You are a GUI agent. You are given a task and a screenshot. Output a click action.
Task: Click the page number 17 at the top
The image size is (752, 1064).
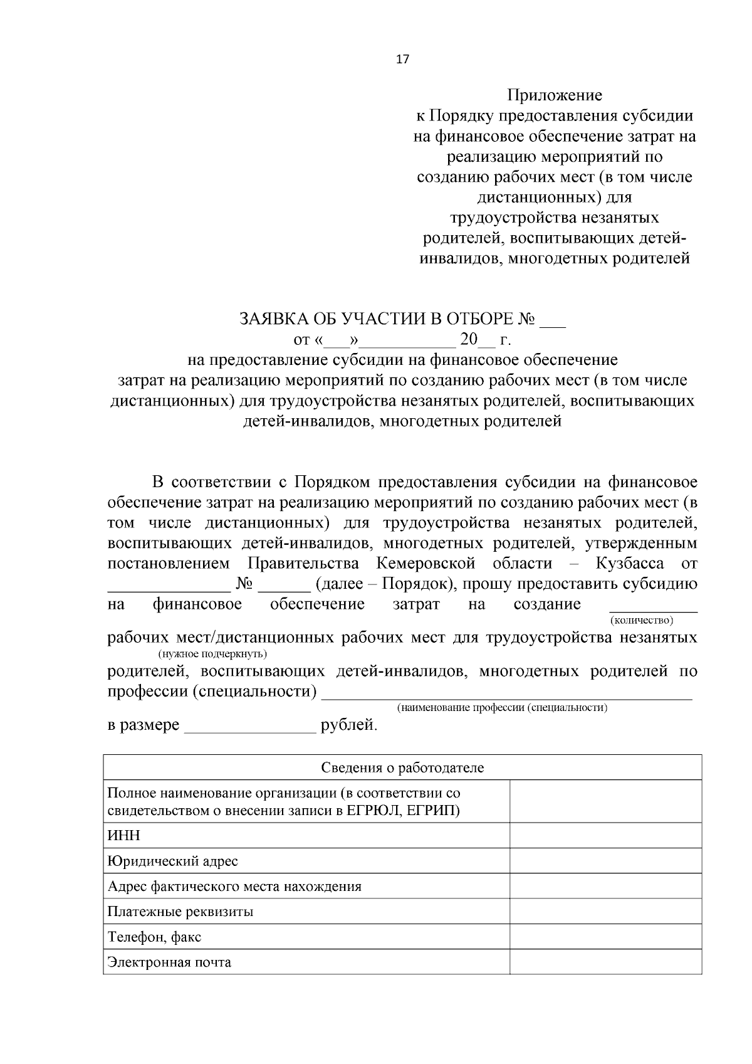(402, 60)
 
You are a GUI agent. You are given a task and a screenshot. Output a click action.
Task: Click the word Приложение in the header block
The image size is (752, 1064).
(555, 95)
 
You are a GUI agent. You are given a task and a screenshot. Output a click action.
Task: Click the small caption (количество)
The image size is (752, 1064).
(641, 620)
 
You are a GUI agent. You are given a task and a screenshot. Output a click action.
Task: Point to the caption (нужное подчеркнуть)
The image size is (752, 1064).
(212, 654)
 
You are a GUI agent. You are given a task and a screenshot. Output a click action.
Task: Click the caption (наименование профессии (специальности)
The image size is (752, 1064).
(502, 707)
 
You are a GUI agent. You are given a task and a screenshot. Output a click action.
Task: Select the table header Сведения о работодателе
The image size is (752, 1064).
(402, 768)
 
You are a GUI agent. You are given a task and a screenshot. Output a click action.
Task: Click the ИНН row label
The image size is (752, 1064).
(123, 835)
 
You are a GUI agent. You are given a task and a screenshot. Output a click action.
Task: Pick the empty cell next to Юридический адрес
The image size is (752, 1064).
(605, 860)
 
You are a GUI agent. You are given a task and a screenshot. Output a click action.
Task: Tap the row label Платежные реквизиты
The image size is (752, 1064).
(180, 911)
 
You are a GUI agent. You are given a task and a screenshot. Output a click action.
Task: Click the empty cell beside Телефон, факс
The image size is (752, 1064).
(605, 936)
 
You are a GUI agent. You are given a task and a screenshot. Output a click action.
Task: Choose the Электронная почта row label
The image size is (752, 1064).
(169, 962)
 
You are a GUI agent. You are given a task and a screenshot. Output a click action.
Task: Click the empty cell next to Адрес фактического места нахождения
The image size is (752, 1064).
(605, 885)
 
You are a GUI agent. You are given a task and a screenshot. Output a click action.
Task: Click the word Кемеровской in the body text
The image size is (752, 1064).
(426, 563)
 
